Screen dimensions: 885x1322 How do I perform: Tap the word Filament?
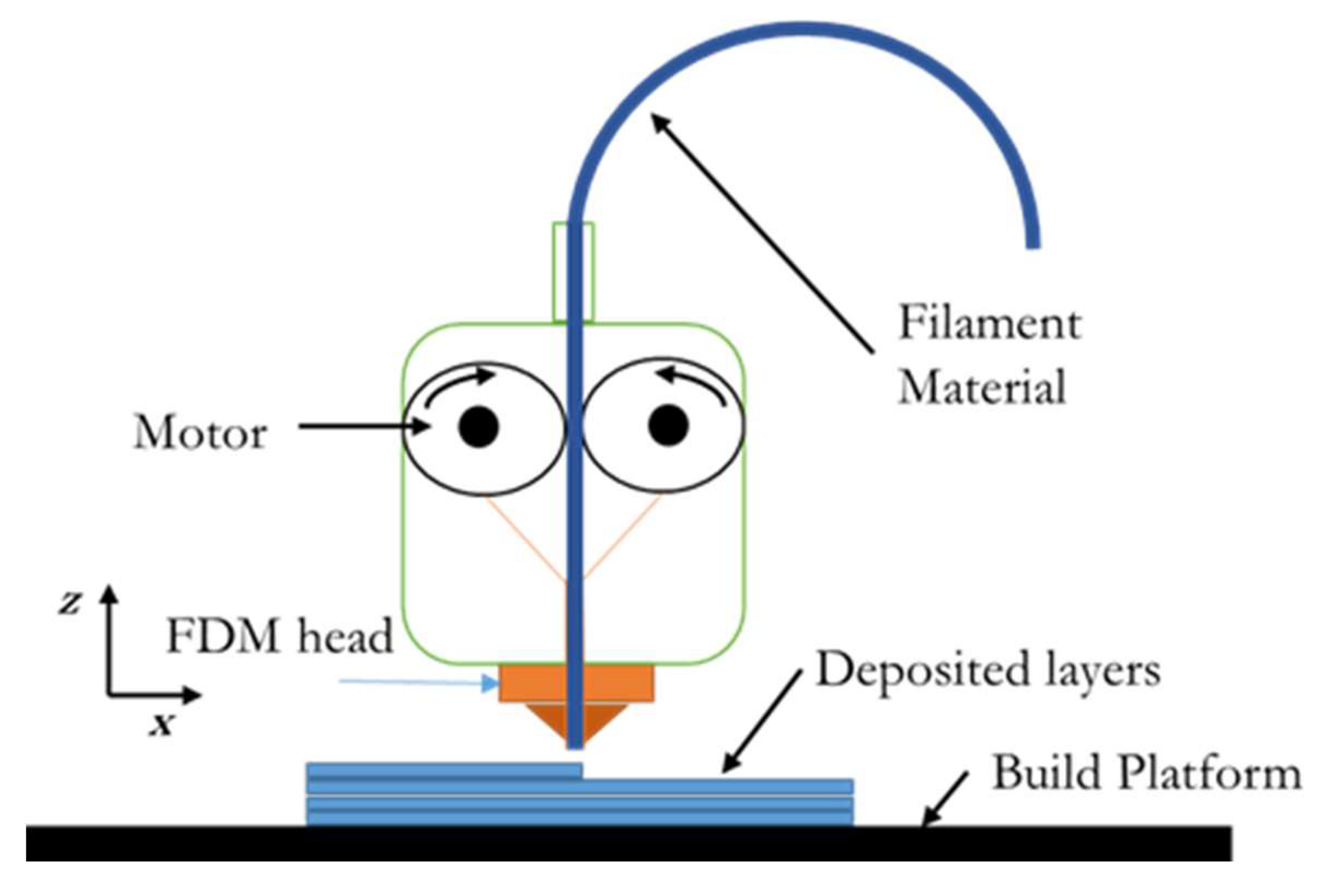tap(989, 324)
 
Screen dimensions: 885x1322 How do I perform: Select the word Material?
tap(982, 387)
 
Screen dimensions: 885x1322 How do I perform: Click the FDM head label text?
tap(279, 636)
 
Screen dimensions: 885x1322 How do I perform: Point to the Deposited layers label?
tap(988, 671)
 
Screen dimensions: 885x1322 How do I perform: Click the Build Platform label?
tap(1147, 773)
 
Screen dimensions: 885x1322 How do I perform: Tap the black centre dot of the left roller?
tap(479, 427)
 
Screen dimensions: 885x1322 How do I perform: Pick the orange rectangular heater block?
tap(531, 684)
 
